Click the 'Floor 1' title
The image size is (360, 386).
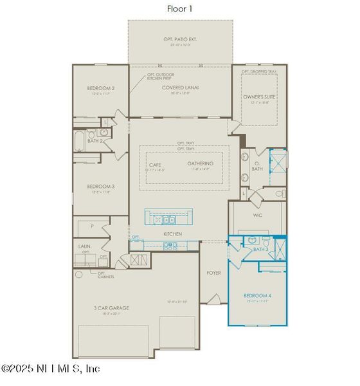(x=181, y=8)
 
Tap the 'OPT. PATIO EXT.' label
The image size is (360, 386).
(x=180, y=39)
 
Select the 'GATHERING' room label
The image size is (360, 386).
(x=201, y=164)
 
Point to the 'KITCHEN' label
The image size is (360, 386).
(x=172, y=234)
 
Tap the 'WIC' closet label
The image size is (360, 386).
(x=257, y=216)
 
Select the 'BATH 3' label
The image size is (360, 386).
(x=260, y=249)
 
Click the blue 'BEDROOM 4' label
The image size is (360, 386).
(x=257, y=297)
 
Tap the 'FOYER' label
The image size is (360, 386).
(x=213, y=273)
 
